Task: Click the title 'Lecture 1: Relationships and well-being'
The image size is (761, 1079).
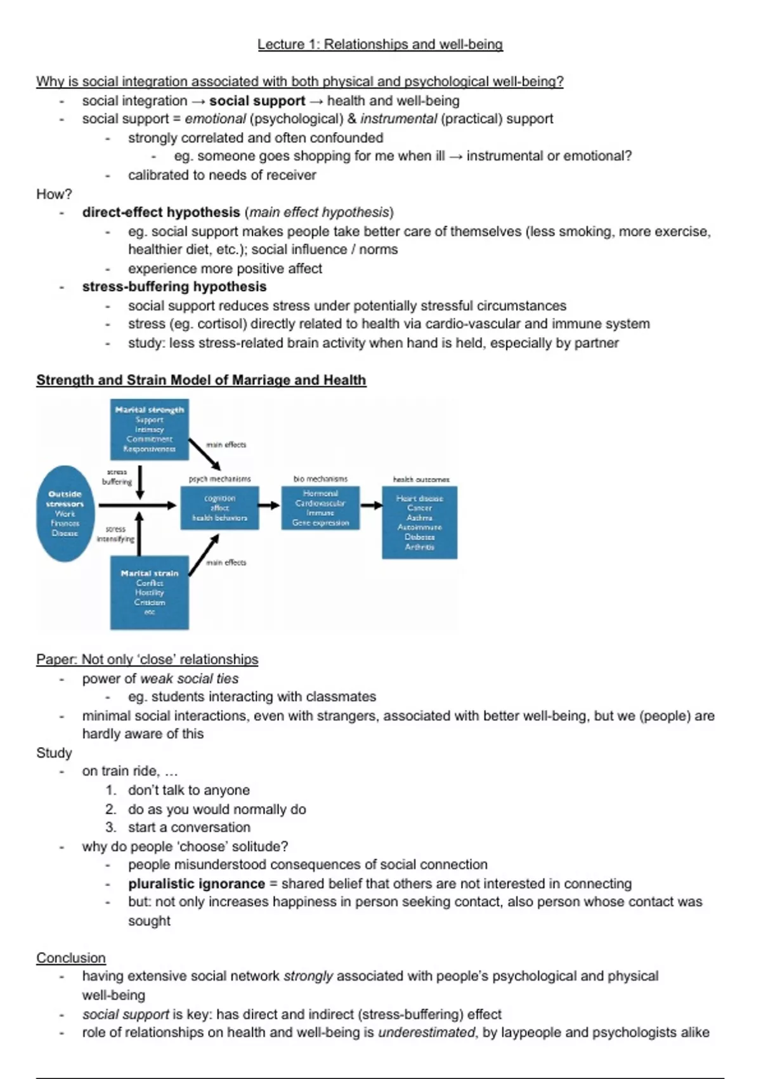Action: pyautogui.click(x=380, y=44)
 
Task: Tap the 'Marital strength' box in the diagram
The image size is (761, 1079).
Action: pyautogui.click(x=150, y=429)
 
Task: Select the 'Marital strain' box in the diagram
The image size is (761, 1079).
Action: pyautogui.click(x=150, y=592)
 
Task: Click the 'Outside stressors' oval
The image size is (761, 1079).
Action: pyautogui.click(x=65, y=513)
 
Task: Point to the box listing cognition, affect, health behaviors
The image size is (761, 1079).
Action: pyautogui.click(x=219, y=508)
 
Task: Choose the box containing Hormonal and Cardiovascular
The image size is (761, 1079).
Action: pyautogui.click(x=320, y=508)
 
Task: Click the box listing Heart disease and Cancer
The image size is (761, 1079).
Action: pyautogui.click(x=419, y=522)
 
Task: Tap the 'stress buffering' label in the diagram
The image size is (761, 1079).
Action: pyautogui.click(x=117, y=477)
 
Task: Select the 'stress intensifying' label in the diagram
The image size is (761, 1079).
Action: pyautogui.click(x=115, y=534)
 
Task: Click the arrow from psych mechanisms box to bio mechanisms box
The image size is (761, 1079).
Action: pyautogui.click(x=270, y=505)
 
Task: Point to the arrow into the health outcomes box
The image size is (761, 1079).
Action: pyautogui.click(x=371, y=505)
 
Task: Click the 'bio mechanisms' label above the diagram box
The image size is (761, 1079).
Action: pyautogui.click(x=320, y=479)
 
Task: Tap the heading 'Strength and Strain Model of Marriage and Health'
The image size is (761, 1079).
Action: pyautogui.click(x=201, y=380)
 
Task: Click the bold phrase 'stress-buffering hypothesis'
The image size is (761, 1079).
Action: pyautogui.click(x=174, y=287)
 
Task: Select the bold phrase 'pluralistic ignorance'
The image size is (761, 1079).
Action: pyautogui.click(x=197, y=884)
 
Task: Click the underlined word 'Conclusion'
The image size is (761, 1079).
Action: pyautogui.click(x=71, y=958)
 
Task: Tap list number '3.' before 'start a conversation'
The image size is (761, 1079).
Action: pyautogui.click(x=111, y=828)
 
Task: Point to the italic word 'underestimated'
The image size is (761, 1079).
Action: pyautogui.click(x=426, y=1033)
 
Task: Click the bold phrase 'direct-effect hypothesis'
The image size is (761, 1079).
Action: pyautogui.click(x=161, y=213)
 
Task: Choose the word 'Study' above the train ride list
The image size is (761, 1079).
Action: pyautogui.click(x=54, y=753)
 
